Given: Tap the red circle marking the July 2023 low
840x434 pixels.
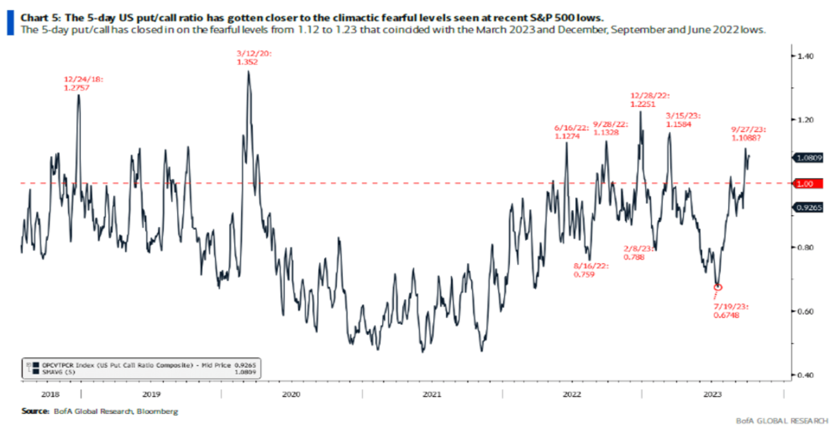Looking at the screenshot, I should pos(718,287).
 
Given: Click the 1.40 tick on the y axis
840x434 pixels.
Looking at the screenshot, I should pos(805,56).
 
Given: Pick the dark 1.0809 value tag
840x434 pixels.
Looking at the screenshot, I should pos(809,158).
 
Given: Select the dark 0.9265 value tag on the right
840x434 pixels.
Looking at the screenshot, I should pos(809,208).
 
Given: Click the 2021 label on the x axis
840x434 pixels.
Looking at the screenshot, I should pos(431,394).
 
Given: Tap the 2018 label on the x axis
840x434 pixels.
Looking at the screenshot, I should pos(50,394).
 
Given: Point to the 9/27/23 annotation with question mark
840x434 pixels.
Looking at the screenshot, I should pos(748,134).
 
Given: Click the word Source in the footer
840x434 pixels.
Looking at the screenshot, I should pos(35,411).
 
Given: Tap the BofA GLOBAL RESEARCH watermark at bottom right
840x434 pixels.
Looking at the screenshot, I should pos(781,420).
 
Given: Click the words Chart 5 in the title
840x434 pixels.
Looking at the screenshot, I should pos(40,18).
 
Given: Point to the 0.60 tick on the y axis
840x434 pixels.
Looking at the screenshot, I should pos(805,311).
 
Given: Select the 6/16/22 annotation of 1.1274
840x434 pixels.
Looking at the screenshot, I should pos(571,132).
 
